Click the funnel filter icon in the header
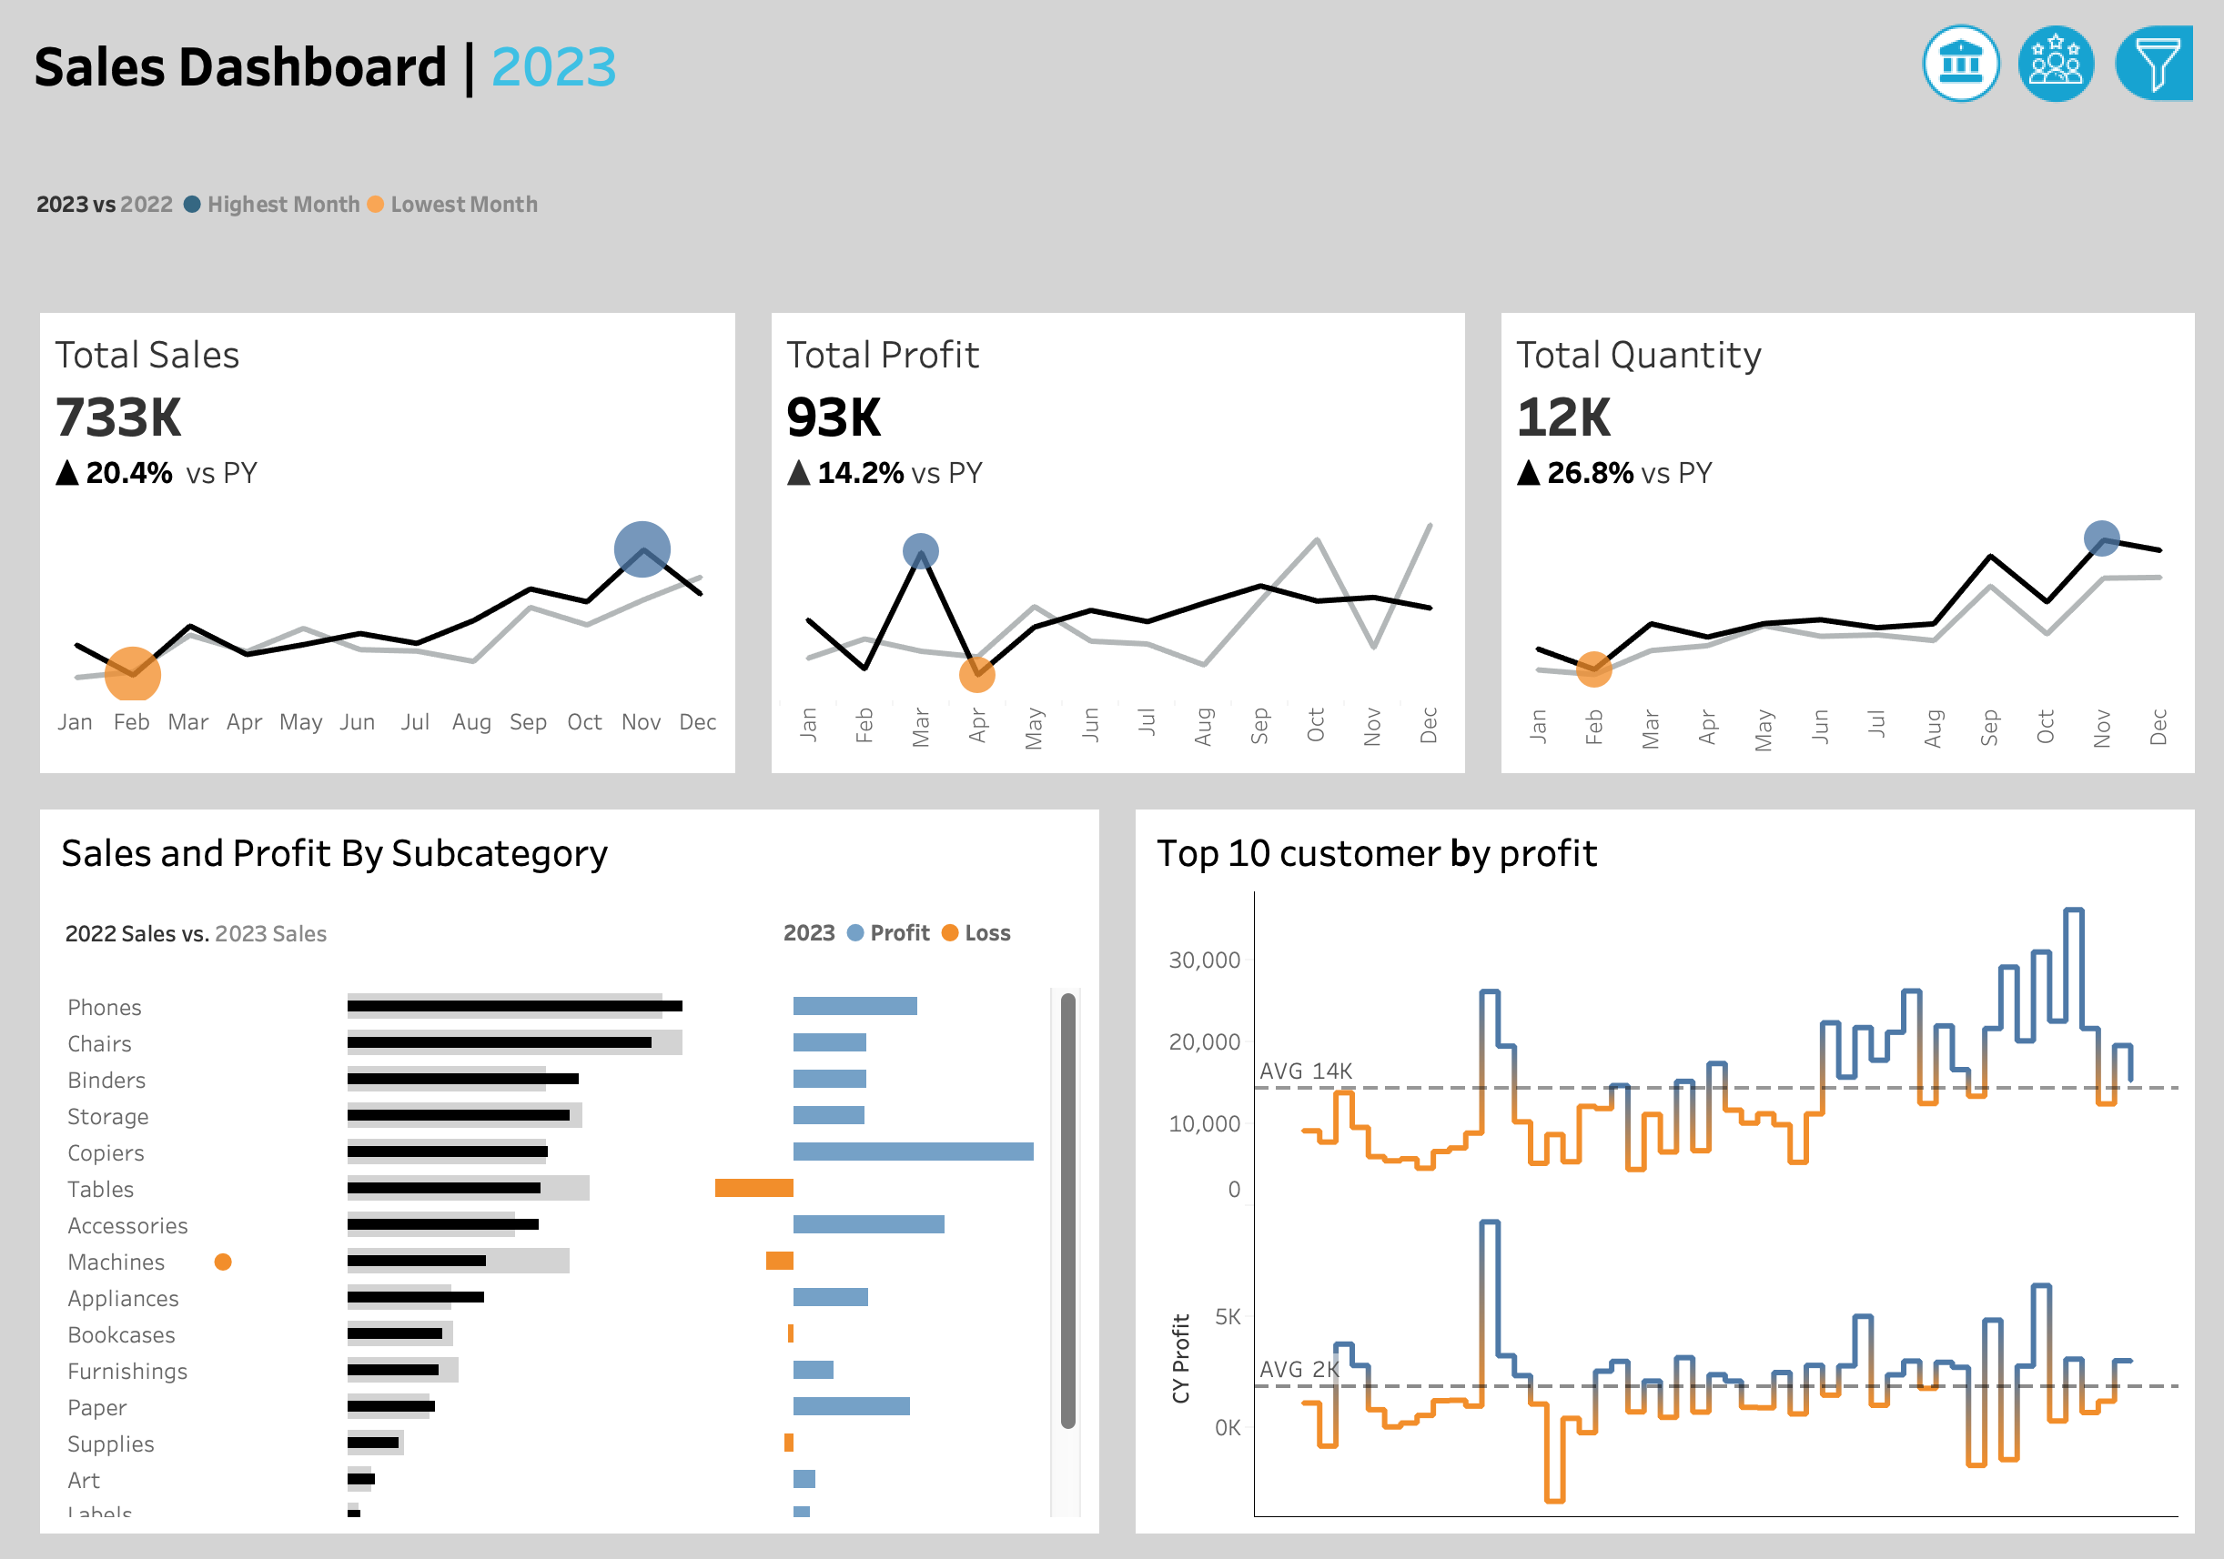tap(2155, 64)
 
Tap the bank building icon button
tap(1960, 64)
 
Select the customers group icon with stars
tap(2056, 64)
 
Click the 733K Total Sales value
tap(118, 418)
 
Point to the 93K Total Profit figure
tap(833, 418)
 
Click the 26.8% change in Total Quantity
tap(1589, 474)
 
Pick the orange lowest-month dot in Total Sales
tap(133, 673)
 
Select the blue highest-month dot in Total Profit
tap(920, 551)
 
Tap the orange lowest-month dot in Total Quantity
tap(1593, 669)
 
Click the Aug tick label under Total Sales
tap(471, 722)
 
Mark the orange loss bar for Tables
tap(753, 1188)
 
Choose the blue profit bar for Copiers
tap(913, 1152)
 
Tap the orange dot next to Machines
tap(223, 1262)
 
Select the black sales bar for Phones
tap(514, 1006)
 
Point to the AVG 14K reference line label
tap(1305, 1071)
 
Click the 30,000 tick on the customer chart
tap(1204, 961)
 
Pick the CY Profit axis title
tap(1181, 1358)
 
